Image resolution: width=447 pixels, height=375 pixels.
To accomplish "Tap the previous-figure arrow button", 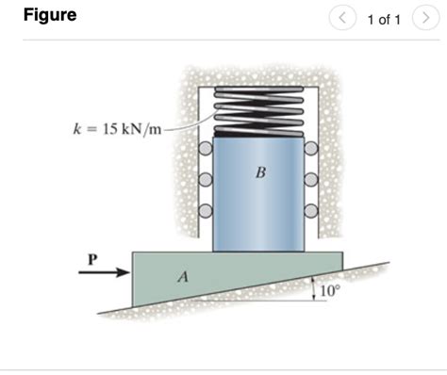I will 343,18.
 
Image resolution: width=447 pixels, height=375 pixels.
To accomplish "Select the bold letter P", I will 91,255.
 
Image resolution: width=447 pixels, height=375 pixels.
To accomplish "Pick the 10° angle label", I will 329,292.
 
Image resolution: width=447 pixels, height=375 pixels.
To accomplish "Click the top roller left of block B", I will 205,148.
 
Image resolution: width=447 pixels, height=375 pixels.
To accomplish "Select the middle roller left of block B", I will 205,179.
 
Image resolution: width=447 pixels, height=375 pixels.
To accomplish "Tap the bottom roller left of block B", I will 205,210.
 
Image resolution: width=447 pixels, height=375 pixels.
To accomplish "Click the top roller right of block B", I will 311,148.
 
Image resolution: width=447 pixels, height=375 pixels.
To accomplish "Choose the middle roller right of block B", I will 311,179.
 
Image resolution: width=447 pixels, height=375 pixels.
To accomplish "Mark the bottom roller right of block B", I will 311,210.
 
